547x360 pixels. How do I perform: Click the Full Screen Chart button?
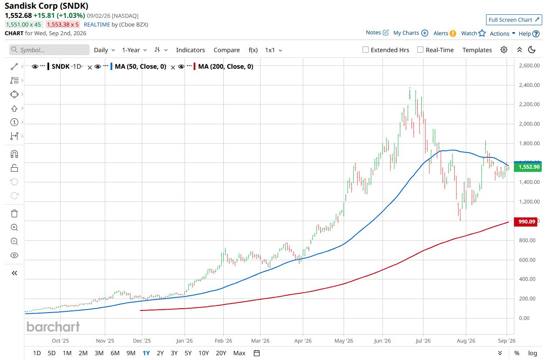(514, 20)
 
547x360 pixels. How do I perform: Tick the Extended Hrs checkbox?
(365, 50)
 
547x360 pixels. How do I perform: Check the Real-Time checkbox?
(420, 50)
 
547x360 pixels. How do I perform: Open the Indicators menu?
(191, 50)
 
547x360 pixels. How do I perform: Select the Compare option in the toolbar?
(227, 50)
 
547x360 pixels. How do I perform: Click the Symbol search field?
(49, 50)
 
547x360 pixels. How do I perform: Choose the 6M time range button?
(115, 353)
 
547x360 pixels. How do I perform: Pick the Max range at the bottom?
(239, 353)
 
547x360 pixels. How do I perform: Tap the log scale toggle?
(533, 353)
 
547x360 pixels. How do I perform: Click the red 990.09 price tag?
(526, 222)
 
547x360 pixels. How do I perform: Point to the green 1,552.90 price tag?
(528, 167)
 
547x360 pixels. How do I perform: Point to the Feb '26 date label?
(223, 341)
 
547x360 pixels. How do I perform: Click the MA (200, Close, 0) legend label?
(226, 67)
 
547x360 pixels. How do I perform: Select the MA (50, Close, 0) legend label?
(141, 67)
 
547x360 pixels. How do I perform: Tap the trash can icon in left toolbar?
(14, 213)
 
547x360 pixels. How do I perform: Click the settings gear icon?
(504, 50)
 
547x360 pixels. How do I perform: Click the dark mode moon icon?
(532, 50)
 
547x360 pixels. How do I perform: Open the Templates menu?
(477, 50)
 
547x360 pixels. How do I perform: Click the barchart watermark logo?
(53, 327)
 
